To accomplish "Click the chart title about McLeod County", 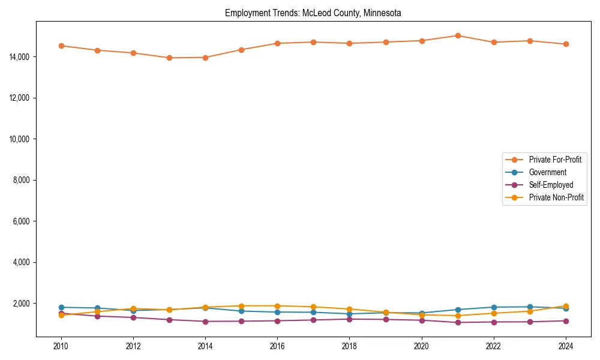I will click(x=313, y=13).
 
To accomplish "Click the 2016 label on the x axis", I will click(x=277, y=346).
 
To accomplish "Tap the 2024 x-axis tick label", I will click(x=566, y=346).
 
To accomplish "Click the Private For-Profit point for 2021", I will click(x=458, y=35).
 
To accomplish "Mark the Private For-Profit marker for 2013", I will click(x=169, y=58).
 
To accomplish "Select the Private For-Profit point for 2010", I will click(x=61, y=46).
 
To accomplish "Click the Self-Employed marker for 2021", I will click(x=458, y=322).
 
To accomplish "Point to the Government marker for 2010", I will click(x=61, y=307).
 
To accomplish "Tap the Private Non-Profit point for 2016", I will click(x=277, y=306).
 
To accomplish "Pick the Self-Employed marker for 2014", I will click(x=205, y=322).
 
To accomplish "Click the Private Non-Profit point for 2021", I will click(x=458, y=316).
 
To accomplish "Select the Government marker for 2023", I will click(x=530, y=307).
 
